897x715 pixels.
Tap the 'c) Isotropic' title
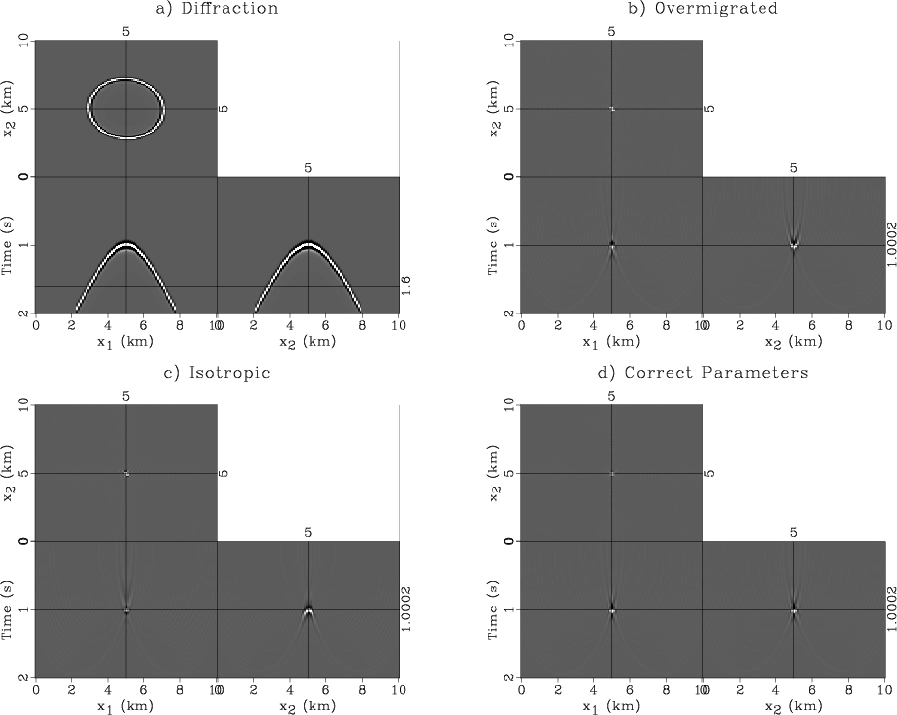[x=217, y=373]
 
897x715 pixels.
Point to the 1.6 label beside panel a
[x=405, y=286]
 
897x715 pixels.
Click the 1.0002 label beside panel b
[x=892, y=245]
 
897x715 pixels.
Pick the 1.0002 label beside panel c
[x=405, y=609]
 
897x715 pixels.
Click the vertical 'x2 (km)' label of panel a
[x=10, y=109]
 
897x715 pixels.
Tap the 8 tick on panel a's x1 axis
[x=180, y=322]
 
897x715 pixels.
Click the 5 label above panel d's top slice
[x=611, y=396]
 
